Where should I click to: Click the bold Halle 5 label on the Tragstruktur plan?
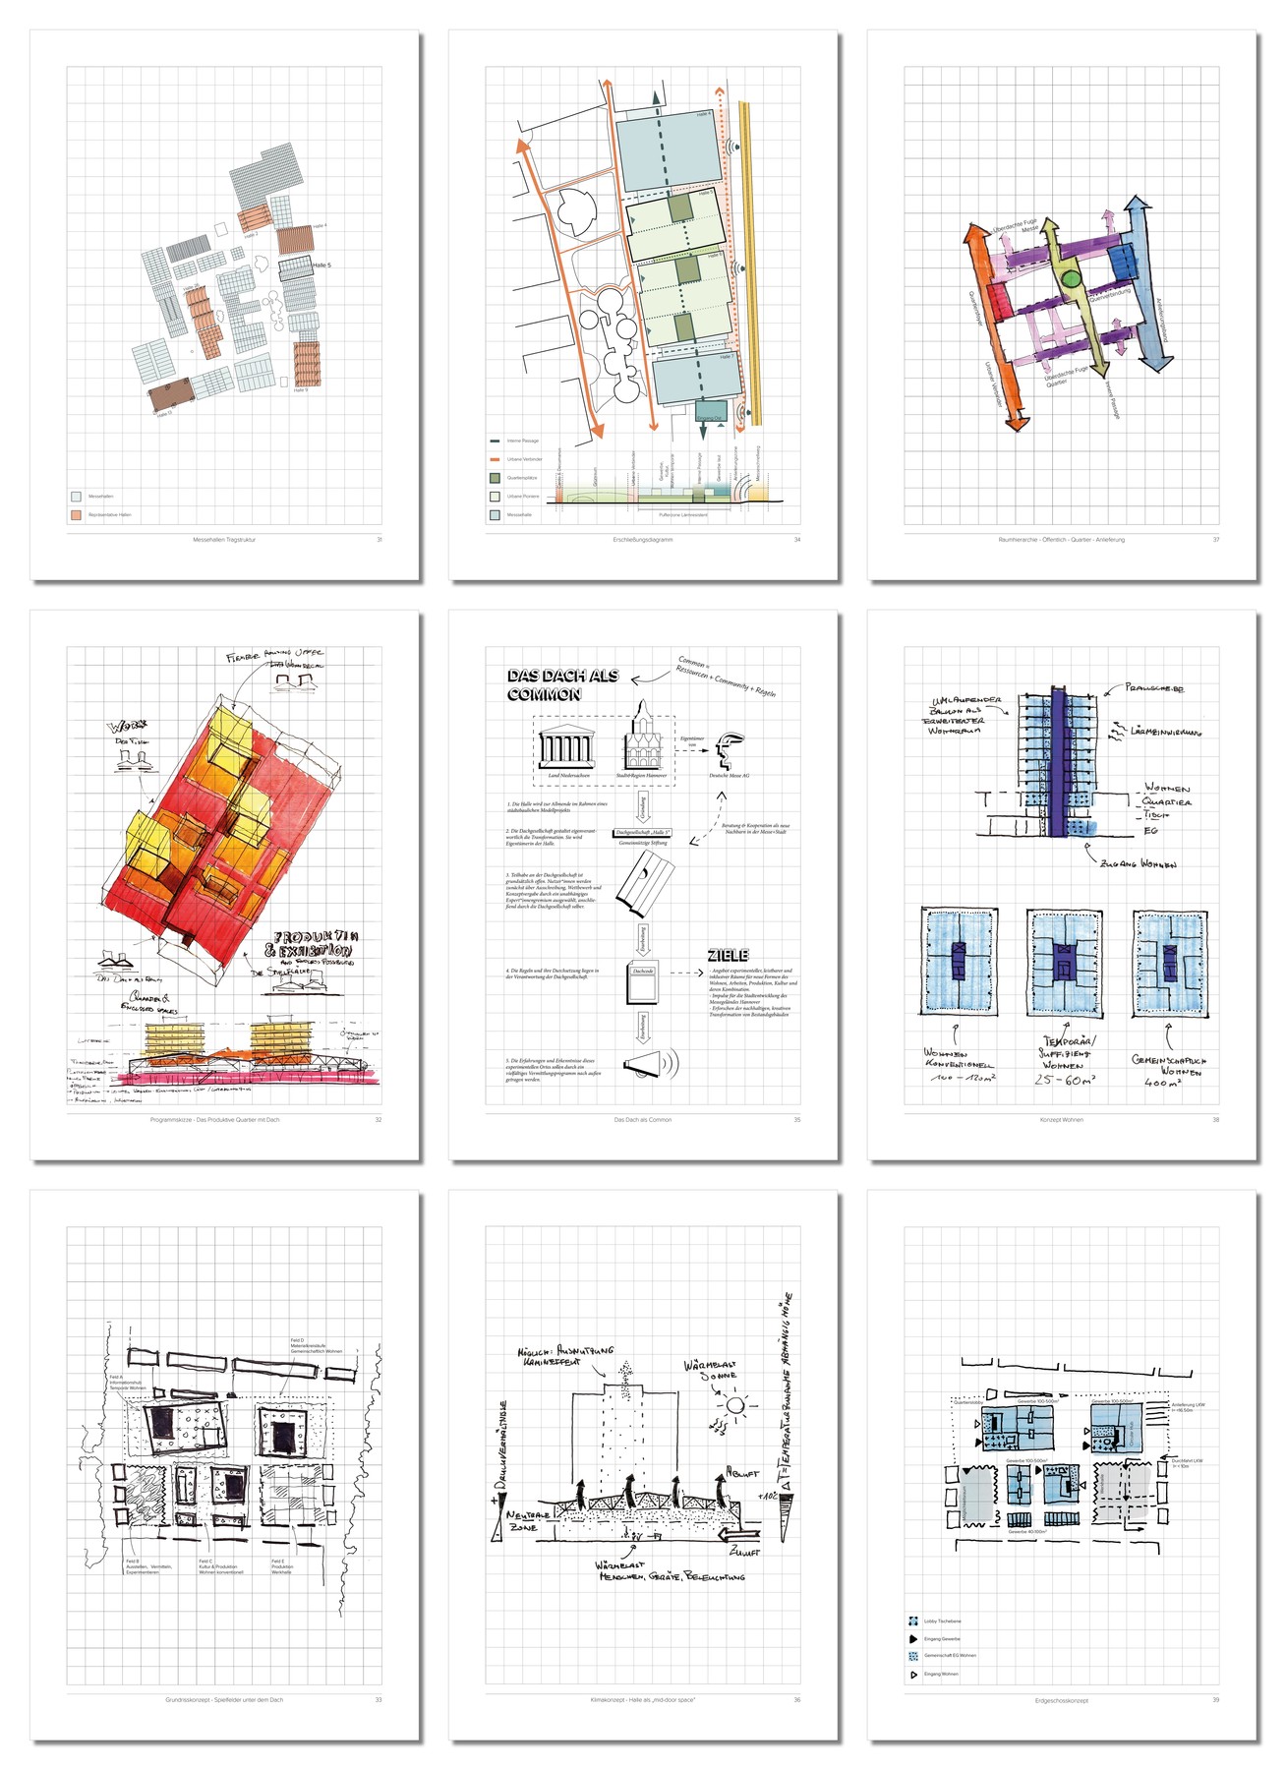point(321,265)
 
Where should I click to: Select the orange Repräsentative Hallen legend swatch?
point(76,514)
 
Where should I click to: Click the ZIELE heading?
point(729,955)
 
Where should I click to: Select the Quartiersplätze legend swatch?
point(496,478)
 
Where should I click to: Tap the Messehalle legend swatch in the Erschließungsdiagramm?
point(496,514)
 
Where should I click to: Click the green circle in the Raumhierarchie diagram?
point(1071,279)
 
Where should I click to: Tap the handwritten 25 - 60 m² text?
point(1064,1080)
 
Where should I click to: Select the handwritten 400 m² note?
point(1163,1083)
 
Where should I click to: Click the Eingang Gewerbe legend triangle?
point(913,1639)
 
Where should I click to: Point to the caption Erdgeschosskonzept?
point(1061,1700)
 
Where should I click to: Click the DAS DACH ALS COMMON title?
point(562,684)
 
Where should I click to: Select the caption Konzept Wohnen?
point(1061,1119)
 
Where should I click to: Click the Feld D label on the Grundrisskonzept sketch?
point(297,1341)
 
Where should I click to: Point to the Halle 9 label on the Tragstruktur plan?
point(300,390)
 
